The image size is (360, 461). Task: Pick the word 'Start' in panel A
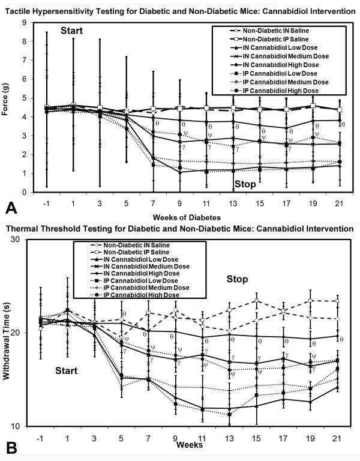coord(75,31)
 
